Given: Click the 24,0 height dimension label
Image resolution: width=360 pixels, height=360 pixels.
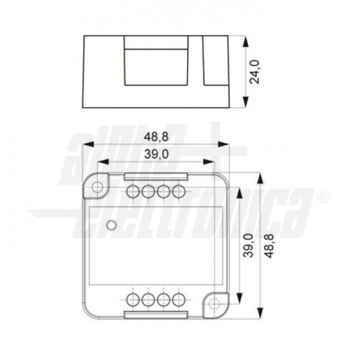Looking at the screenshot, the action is tap(254, 72).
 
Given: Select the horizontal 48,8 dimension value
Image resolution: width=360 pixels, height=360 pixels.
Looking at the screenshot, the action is tap(156, 137).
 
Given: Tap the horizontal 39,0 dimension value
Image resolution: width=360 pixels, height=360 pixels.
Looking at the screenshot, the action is tap(157, 154).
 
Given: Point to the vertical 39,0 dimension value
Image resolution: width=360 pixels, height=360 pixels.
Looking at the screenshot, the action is tap(248, 245).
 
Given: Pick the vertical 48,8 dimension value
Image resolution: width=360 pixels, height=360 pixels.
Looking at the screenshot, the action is tap(269, 246).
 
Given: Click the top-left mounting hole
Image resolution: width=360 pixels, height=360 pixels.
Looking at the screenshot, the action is tap(97, 187).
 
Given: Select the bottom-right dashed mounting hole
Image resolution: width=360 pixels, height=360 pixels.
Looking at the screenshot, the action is tap(214, 304).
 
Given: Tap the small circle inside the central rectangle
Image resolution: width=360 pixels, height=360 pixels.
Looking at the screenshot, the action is tap(112, 225).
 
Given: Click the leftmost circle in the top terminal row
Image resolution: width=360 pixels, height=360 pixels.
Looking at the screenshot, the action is tap(133, 191).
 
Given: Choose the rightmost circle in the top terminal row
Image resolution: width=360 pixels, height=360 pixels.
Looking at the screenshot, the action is tap(179, 191).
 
